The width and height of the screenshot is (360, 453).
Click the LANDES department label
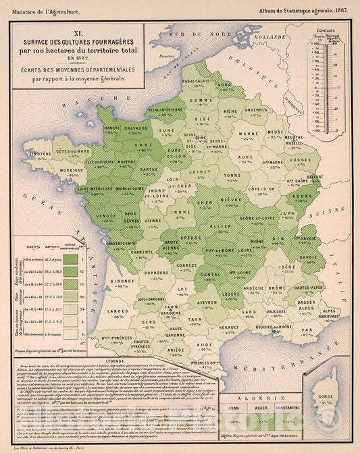coord(121,310)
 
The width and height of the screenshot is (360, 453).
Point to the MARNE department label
coord(254,134)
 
